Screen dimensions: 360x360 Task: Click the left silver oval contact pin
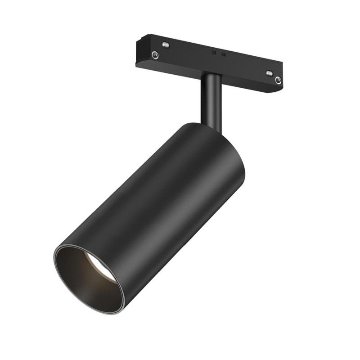[x=166, y=45]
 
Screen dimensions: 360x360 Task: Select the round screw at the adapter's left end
[x=155, y=55]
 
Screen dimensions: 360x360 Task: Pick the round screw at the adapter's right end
[x=278, y=81]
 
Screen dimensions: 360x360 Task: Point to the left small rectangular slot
[x=214, y=52]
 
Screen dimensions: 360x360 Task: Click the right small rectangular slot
[x=223, y=54]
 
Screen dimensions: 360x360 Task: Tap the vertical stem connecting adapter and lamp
[x=211, y=101]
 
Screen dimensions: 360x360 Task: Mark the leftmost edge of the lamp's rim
[x=55, y=261]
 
